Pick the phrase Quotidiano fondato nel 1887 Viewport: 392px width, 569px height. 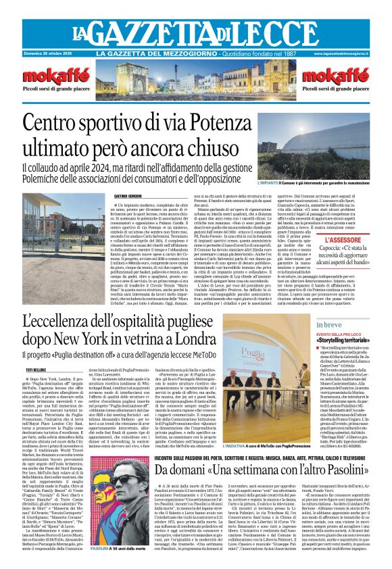[248, 53]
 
